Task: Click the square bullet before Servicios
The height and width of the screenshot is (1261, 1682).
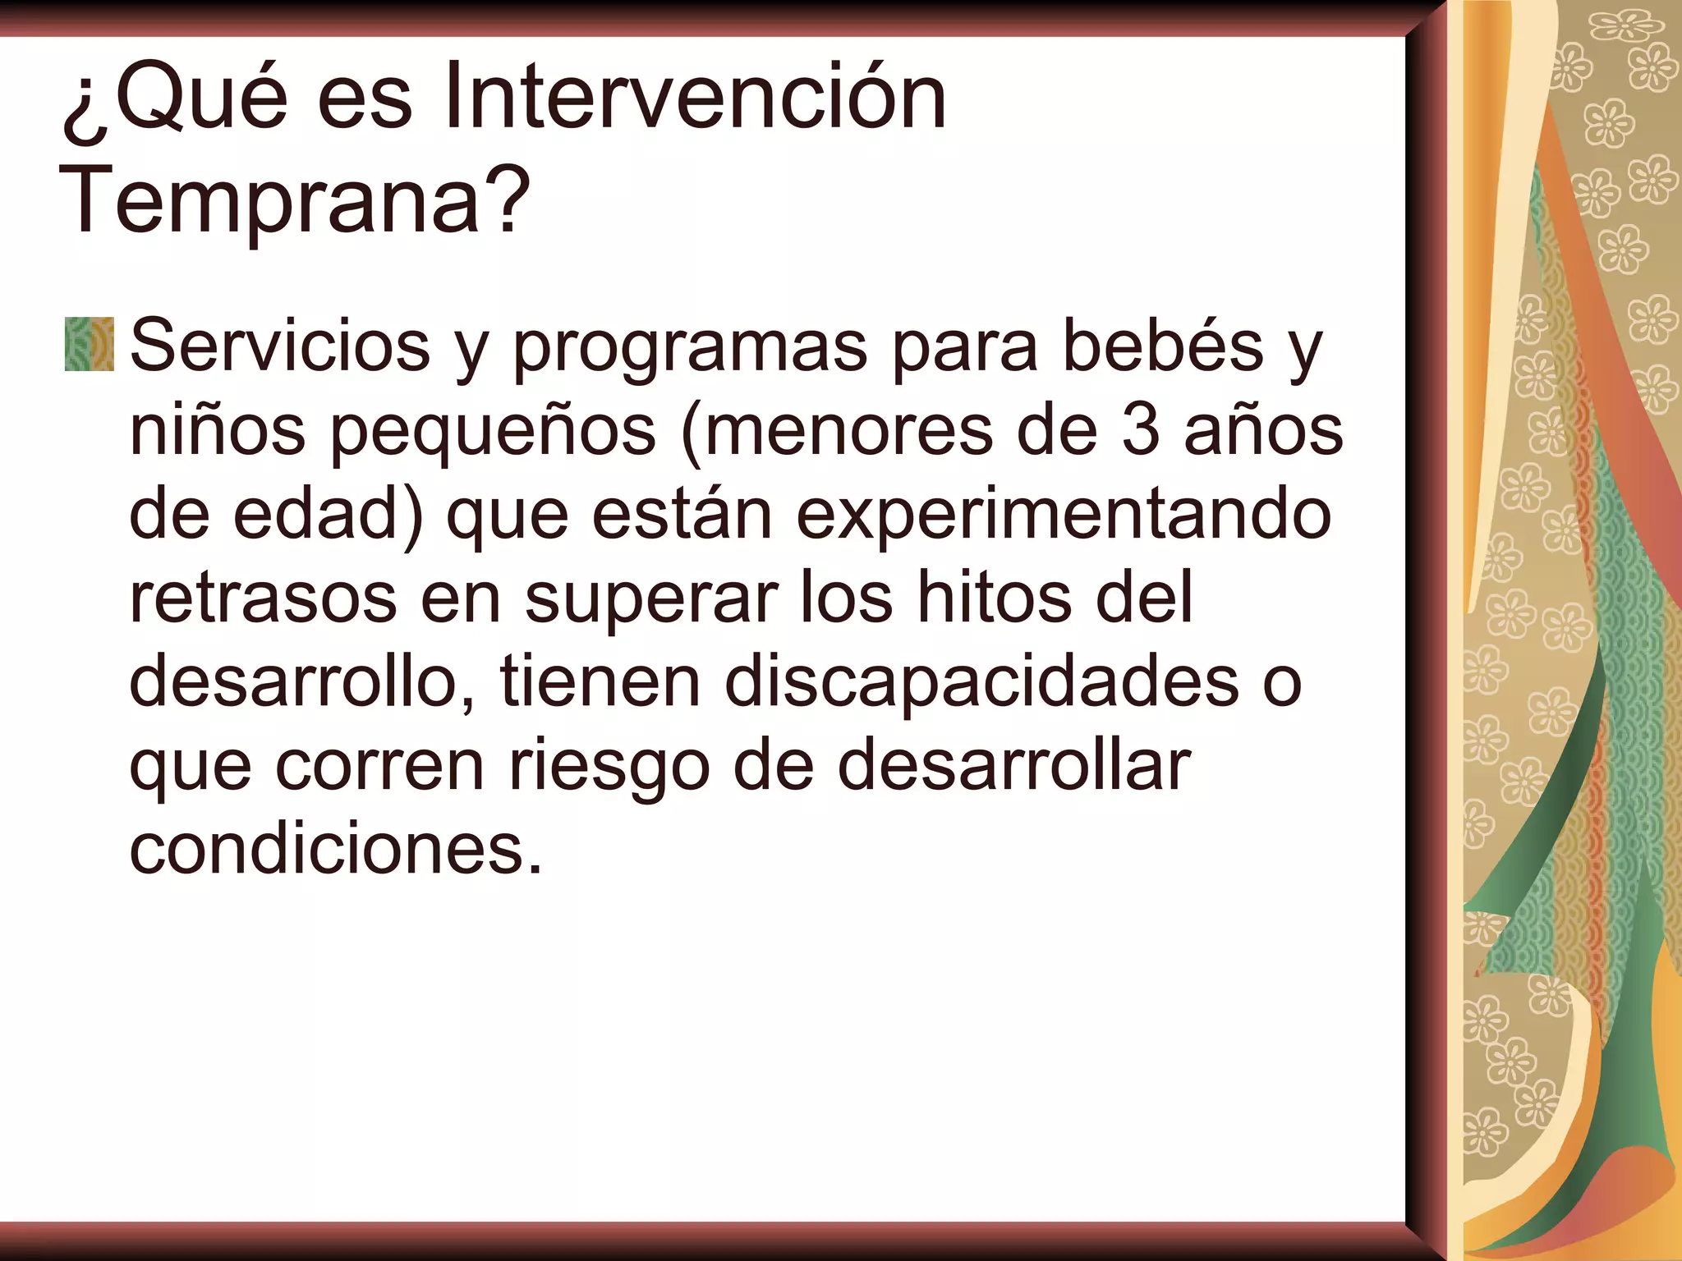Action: [89, 344]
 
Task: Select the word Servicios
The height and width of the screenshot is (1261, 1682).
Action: [280, 346]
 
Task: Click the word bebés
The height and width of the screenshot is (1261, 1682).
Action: [1163, 346]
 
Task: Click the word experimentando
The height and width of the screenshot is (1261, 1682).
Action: [1064, 516]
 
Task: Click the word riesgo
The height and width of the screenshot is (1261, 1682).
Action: [609, 768]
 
